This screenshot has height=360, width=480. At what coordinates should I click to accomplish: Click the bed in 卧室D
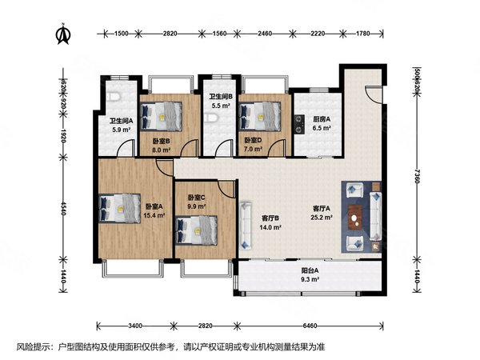(259, 117)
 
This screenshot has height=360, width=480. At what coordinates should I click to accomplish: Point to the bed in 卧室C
(198, 231)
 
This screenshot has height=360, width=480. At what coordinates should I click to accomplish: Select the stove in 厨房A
(298, 124)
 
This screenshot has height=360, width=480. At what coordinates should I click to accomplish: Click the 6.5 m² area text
(321, 127)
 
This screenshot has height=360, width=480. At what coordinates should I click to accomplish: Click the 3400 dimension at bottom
(134, 326)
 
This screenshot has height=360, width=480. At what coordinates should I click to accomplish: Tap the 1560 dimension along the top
(218, 34)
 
